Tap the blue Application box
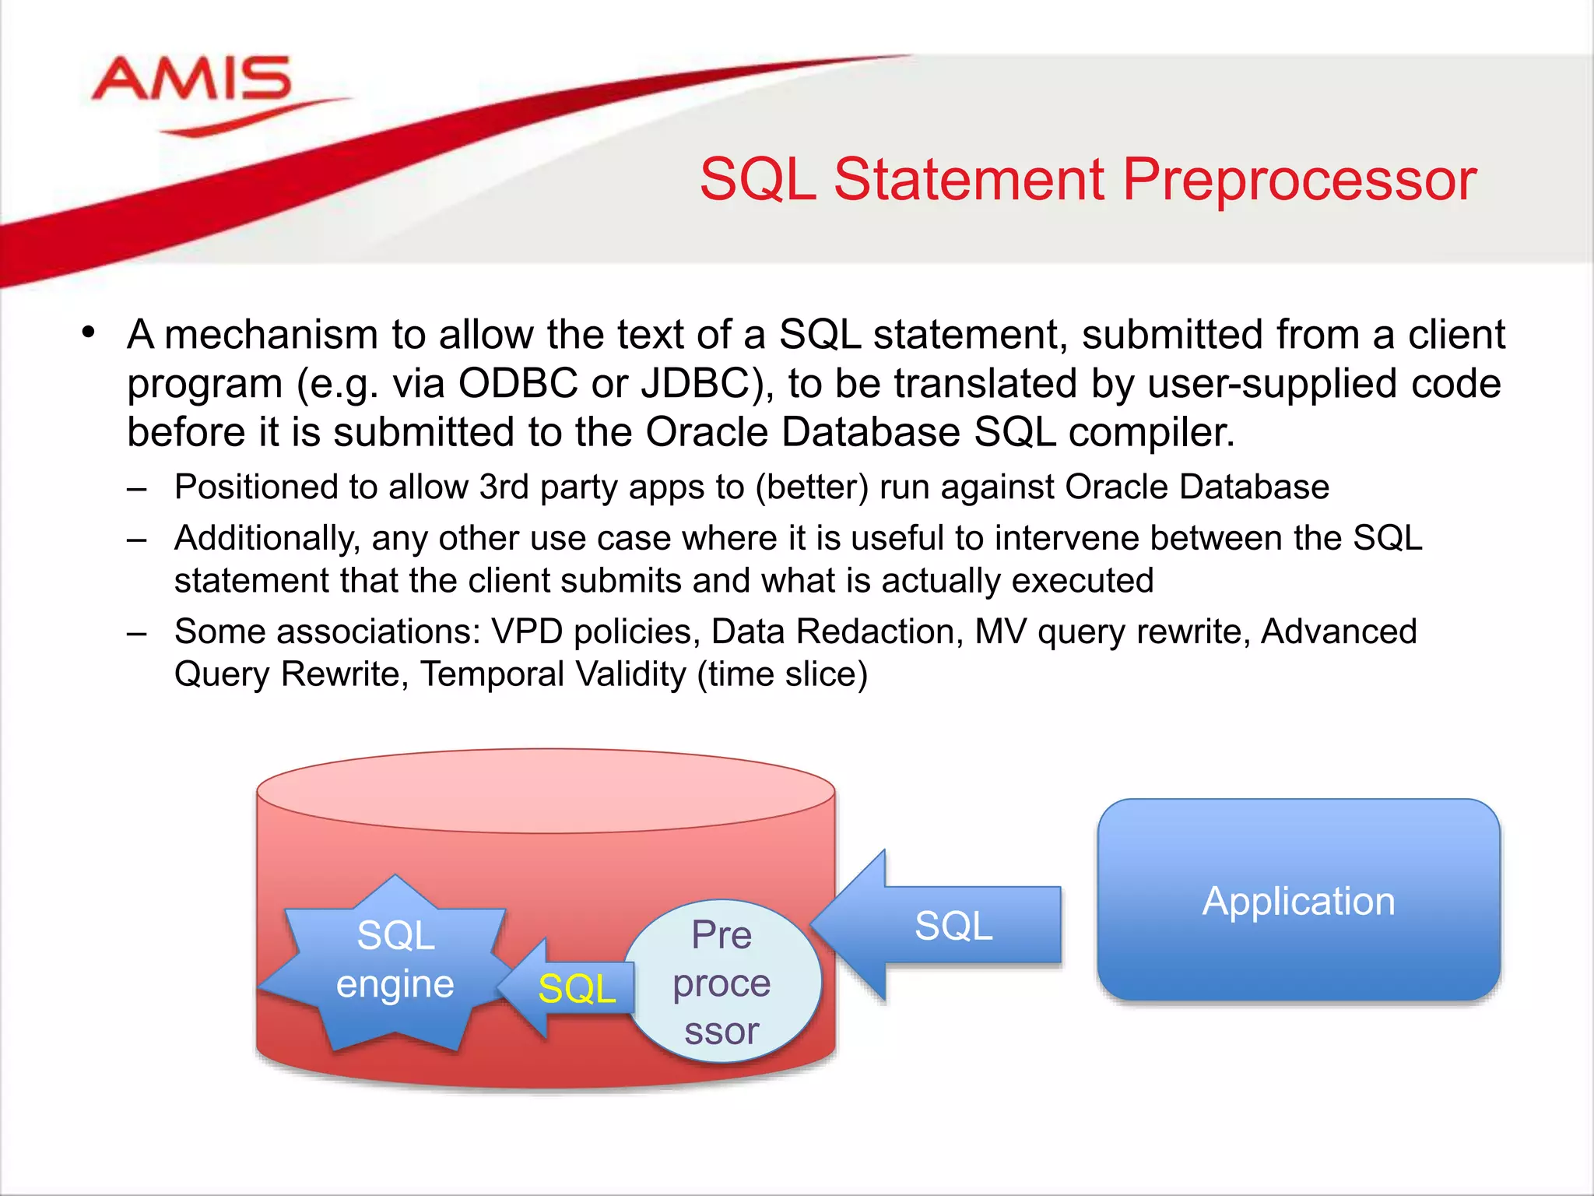coord(1298,900)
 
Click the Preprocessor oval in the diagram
coord(722,981)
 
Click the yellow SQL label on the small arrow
coord(577,989)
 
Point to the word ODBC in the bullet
coord(518,384)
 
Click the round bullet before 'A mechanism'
coord(89,333)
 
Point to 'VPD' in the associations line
coord(526,631)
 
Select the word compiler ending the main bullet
coord(1150,433)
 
